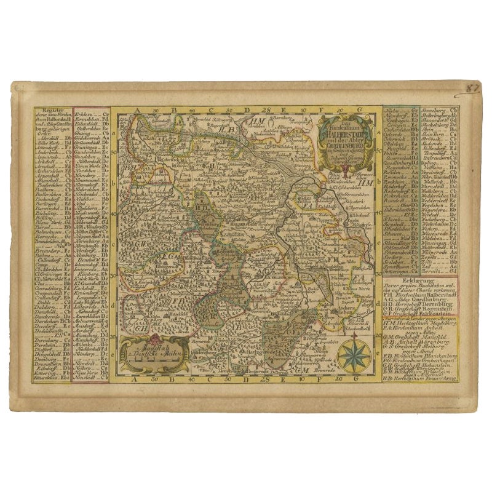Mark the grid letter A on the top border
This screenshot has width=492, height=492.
[x=140, y=111]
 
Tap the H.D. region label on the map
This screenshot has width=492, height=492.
[x=200, y=208]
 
